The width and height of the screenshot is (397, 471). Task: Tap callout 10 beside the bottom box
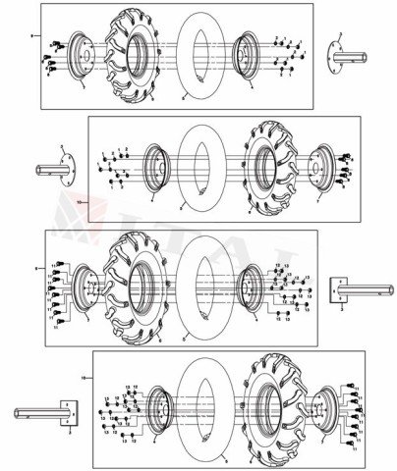(84, 377)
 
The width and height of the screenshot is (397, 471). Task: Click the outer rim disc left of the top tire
(83, 57)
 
